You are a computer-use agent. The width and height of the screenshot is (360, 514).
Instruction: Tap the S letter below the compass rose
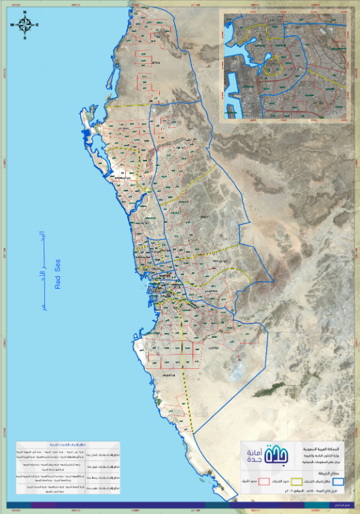click(x=26, y=38)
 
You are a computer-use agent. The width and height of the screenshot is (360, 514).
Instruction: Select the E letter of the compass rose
click(x=37, y=26)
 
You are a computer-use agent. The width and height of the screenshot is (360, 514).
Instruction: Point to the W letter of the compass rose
click(x=14, y=26)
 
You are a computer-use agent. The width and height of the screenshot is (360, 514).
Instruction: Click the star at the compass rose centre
click(x=26, y=26)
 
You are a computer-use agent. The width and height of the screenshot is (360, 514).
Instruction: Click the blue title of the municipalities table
click(x=71, y=443)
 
